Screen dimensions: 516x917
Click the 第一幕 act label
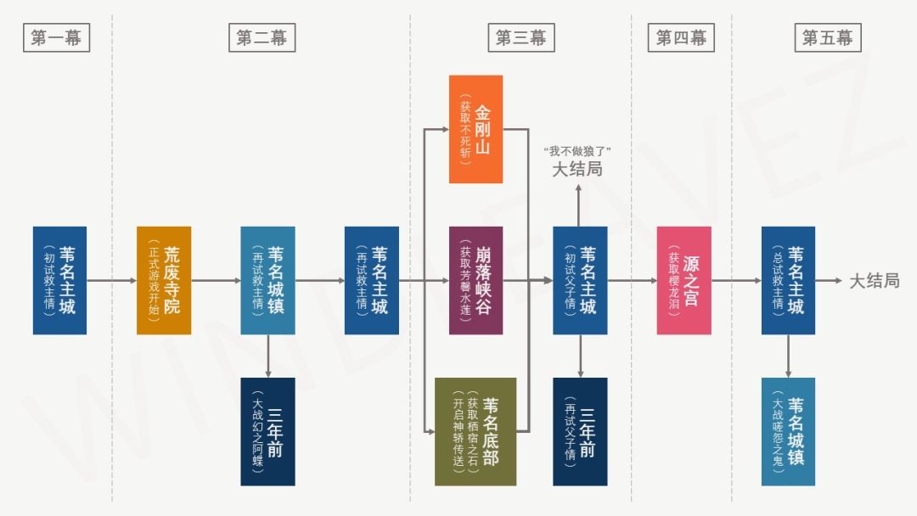click(x=55, y=37)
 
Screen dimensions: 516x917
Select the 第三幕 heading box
click(x=520, y=37)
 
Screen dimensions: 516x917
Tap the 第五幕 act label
click(x=827, y=37)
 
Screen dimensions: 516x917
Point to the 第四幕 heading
click(x=681, y=37)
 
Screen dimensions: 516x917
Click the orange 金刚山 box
click(x=475, y=129)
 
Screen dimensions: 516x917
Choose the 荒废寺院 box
click(x=164, y=280)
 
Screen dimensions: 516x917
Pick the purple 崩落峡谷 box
click(x=475, y=280)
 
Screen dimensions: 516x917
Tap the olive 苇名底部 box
click(x=475, y=431)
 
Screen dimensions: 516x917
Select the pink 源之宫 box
click(x=684, y=280)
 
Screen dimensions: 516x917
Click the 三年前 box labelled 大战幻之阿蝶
click(x=267, y=431)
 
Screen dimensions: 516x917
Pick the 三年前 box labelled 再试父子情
click(x=580, y=431)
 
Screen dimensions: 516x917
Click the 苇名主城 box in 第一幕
click(x=59, y=280)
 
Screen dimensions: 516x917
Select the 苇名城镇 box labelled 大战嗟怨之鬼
click(x=788, y=431)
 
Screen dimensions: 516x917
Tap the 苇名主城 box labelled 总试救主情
click(x=788, y=280)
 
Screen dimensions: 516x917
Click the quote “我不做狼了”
click(x=577, y=151)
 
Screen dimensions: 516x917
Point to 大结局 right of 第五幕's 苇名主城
click(x=874, y=281)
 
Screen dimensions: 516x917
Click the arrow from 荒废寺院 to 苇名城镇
click(x=216, y=280)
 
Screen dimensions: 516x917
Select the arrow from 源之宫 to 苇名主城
click(x=736, y=280)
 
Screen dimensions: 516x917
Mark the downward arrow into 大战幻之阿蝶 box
click(x=268, y=356)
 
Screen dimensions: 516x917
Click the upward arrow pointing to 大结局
click(x=580, y=204)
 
